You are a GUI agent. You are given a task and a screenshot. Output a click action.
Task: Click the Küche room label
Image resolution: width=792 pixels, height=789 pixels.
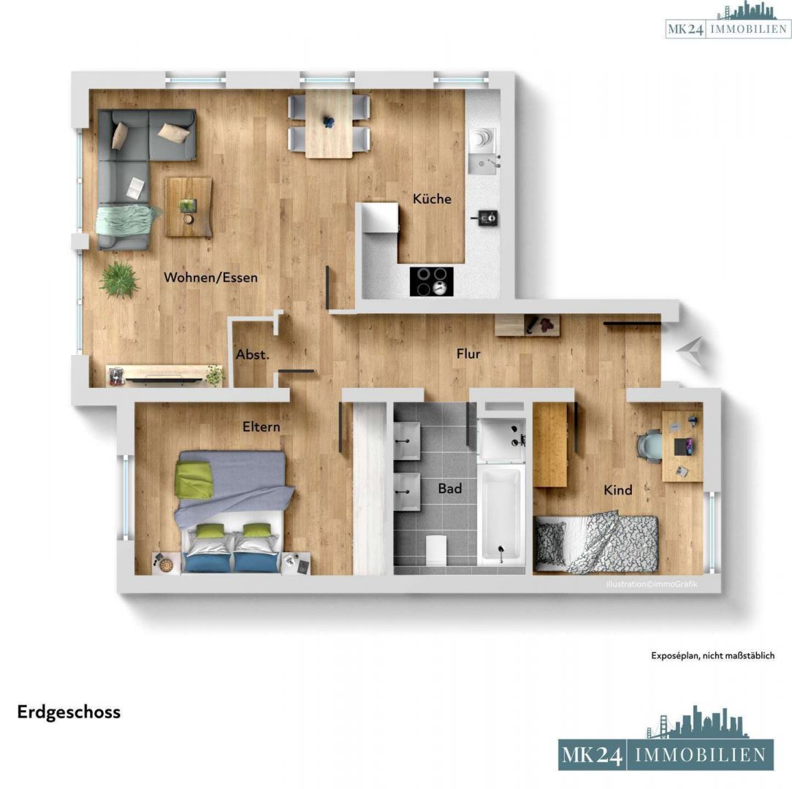click(432, 199)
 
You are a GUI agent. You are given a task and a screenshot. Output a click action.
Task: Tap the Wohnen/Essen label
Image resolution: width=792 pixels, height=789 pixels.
click(210, 278)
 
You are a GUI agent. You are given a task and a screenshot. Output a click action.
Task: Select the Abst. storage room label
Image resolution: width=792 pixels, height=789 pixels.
click(253, 355)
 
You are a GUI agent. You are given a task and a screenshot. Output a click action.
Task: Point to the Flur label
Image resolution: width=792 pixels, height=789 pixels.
click(468, 354)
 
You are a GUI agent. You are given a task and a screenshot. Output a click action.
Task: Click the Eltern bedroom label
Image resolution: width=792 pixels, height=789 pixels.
click(261, 427)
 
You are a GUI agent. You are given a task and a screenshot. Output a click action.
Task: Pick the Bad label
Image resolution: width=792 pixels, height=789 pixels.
click(449, 488)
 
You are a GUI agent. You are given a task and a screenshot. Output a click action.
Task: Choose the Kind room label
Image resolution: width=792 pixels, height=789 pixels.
click(617, 489)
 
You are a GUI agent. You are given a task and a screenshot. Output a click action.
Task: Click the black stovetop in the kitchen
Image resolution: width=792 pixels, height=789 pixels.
click(431, 281)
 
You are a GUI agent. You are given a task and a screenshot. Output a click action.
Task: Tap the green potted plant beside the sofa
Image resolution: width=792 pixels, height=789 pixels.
click(119, 278)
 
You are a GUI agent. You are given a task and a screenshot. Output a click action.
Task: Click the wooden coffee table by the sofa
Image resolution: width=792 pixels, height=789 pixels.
click(189, 207)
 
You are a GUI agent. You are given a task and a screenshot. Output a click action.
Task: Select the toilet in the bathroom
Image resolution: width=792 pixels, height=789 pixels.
click(435, 547)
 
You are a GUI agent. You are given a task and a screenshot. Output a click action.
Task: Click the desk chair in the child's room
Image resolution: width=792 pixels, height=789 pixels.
click(650, 445)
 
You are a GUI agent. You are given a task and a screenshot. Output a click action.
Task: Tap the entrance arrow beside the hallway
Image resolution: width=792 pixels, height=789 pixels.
click(691, 351)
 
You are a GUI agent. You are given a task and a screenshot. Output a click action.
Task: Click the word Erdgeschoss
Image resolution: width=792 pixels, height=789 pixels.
click(69, 712)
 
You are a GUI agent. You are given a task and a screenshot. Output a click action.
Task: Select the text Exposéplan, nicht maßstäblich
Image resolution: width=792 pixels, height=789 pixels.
click(712, 656)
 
